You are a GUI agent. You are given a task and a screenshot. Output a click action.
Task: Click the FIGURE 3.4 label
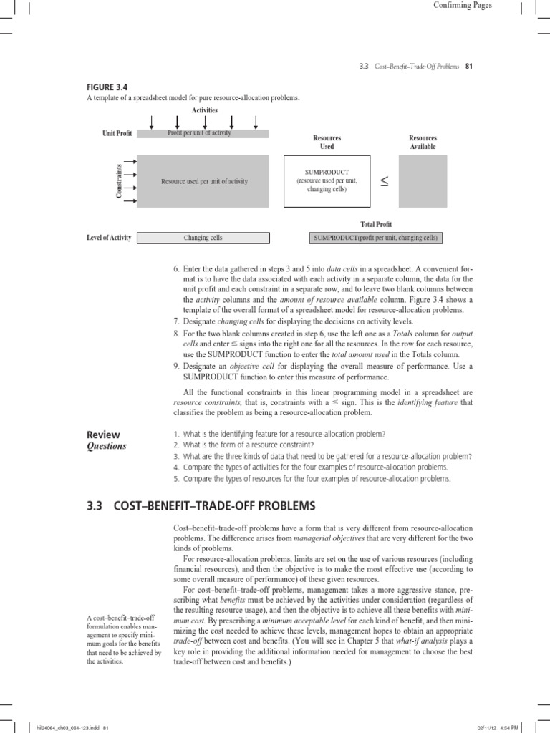[106, 87]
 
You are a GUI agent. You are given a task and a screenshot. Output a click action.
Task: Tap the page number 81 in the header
[470, 67]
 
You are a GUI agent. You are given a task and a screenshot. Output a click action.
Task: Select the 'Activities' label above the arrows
[204, 110]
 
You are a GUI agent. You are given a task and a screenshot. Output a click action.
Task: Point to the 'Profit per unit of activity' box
[203, 133]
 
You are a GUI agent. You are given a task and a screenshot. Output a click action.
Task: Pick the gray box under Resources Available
[423, 182]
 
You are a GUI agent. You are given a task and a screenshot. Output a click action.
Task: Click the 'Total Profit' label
[376, 224]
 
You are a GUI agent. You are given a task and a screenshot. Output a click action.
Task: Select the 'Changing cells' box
[203, 238]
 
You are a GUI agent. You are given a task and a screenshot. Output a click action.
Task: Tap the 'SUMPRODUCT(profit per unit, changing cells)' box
[375, 238]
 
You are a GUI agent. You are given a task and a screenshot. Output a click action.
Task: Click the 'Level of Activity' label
[109, 238]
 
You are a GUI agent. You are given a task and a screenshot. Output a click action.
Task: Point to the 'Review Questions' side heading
[106, 440]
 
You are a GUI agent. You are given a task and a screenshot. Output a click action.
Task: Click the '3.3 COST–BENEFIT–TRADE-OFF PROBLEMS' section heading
[201, 506]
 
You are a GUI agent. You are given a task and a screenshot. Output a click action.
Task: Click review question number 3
[322, 456]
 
